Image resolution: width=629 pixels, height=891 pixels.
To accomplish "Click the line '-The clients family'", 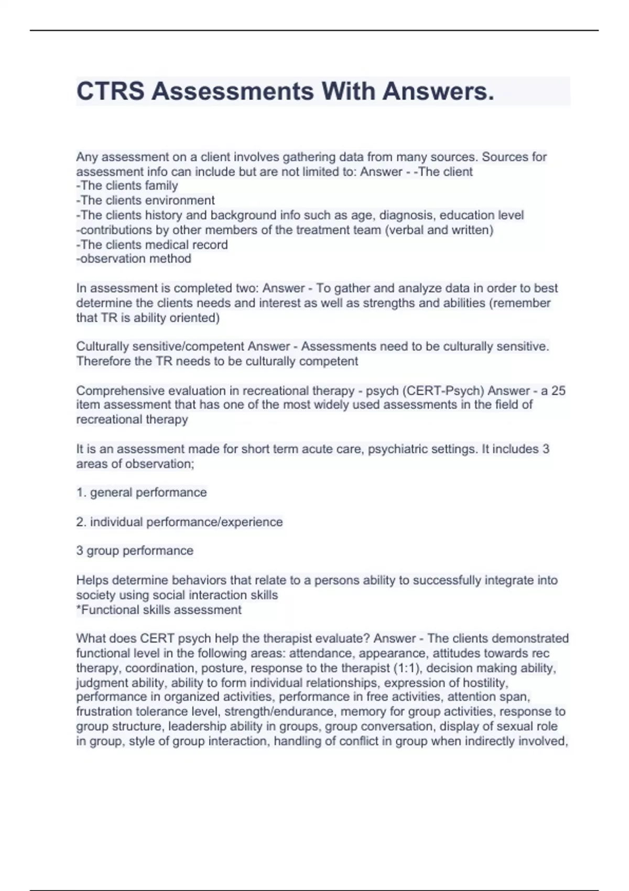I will [x=127, y=186].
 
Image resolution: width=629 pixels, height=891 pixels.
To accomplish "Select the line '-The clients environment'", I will [x=145, y=200].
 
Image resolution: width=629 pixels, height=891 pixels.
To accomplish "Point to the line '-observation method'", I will [x=134, y=258].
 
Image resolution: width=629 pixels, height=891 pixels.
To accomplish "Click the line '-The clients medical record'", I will [x=152, y=244].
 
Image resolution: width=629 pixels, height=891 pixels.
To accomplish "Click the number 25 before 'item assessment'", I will [x=558, y=390].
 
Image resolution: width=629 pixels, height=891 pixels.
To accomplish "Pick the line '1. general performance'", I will [x=142, y=492].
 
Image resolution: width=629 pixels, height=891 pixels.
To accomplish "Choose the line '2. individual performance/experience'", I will [x=179, y=521].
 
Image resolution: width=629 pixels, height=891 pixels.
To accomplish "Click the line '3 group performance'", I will [x=135, y=550].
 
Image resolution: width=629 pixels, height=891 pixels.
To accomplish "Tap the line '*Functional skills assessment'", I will [x=159, y=610].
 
